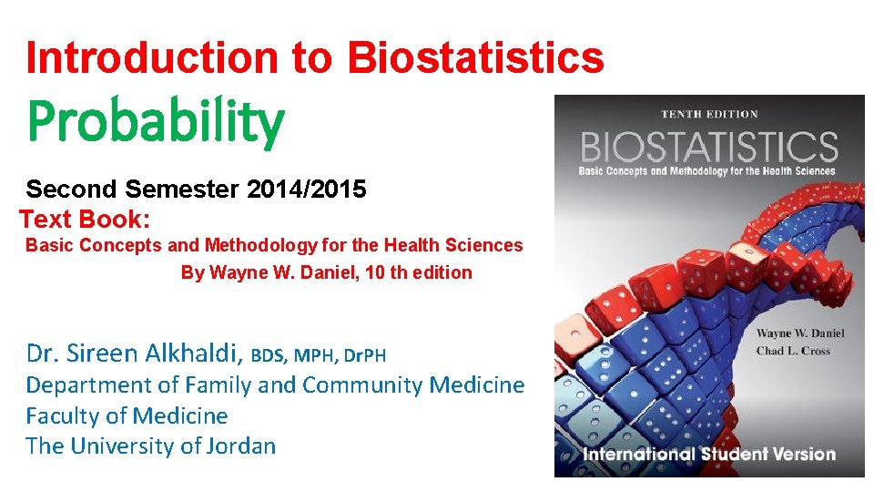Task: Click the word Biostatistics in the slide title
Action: (475, 57)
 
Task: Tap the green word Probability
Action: (155, 124)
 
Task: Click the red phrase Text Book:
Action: (85, 220)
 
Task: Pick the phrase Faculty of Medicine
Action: (127, 415)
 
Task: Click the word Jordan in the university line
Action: (238, 446)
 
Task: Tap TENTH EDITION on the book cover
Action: (710, 115)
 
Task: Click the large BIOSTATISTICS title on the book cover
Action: (709, 146)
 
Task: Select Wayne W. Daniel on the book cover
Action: (799, 333)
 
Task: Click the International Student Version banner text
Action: (709, 454)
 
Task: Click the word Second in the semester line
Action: (72, 190)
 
